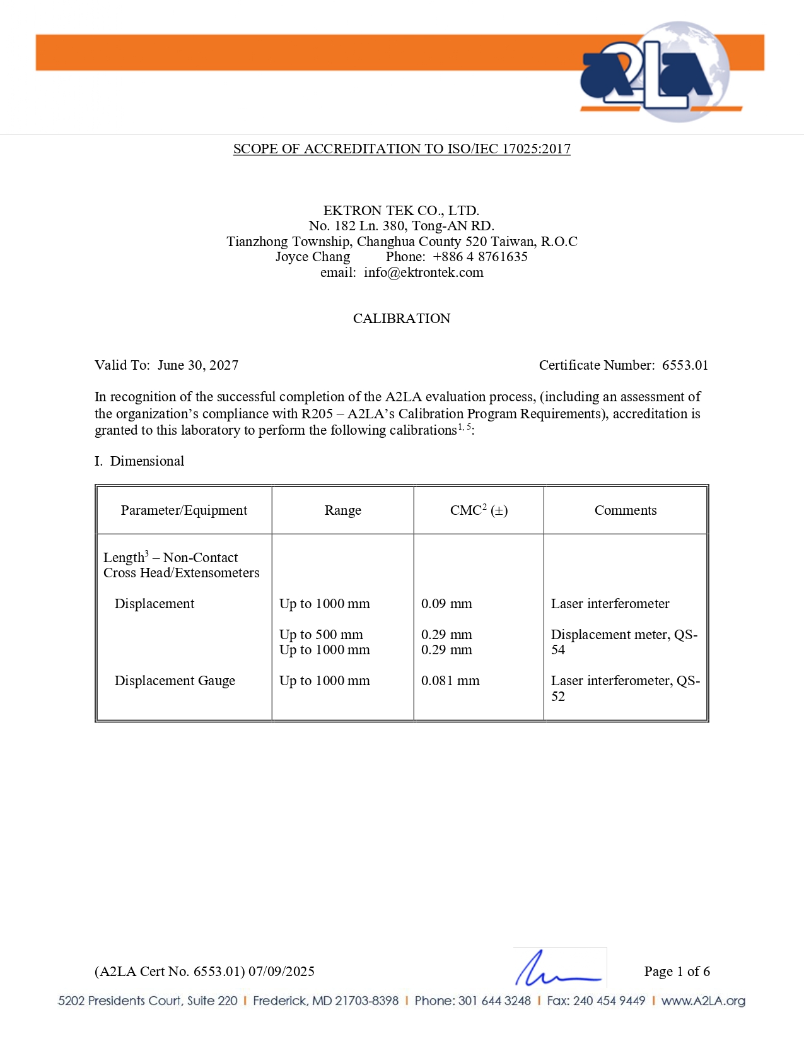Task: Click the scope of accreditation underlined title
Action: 402,149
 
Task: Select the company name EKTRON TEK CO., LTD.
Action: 401,210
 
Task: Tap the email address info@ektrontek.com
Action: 423,273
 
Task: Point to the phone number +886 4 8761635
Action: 480,257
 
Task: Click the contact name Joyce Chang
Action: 313,257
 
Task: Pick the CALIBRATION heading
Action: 402,319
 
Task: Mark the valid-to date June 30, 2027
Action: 198,365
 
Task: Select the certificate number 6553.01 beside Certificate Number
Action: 685,365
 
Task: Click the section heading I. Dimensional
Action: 139,461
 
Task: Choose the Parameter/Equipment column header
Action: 184,510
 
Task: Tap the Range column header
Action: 343,510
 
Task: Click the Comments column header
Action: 626,510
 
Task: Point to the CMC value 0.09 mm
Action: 446,604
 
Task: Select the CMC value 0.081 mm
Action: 450,681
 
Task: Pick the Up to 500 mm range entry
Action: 321,635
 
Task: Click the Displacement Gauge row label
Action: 175,681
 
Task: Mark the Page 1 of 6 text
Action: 677,972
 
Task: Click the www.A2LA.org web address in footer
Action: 703,1001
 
